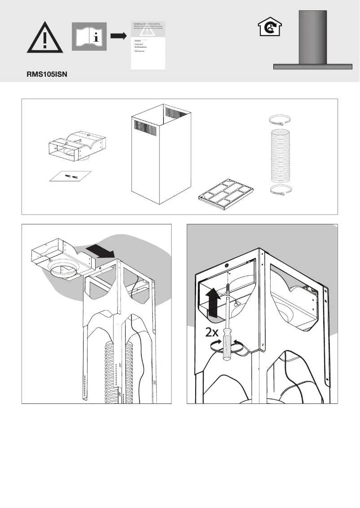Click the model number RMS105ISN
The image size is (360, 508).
point(46,75)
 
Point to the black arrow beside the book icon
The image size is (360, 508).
point(118,36)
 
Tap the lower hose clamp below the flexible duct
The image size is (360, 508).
point(280,190)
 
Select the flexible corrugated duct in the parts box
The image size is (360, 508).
point(280,155)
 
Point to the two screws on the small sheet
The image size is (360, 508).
point(71,175)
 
